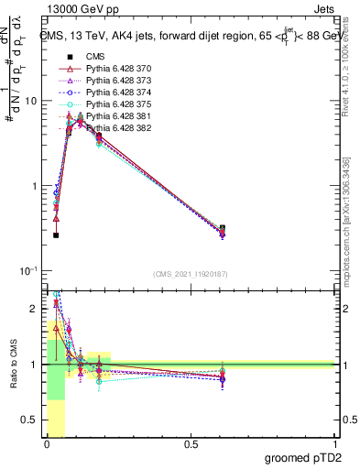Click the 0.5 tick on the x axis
(x=190, y=444)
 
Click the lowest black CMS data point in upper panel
(x=56, y=235)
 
